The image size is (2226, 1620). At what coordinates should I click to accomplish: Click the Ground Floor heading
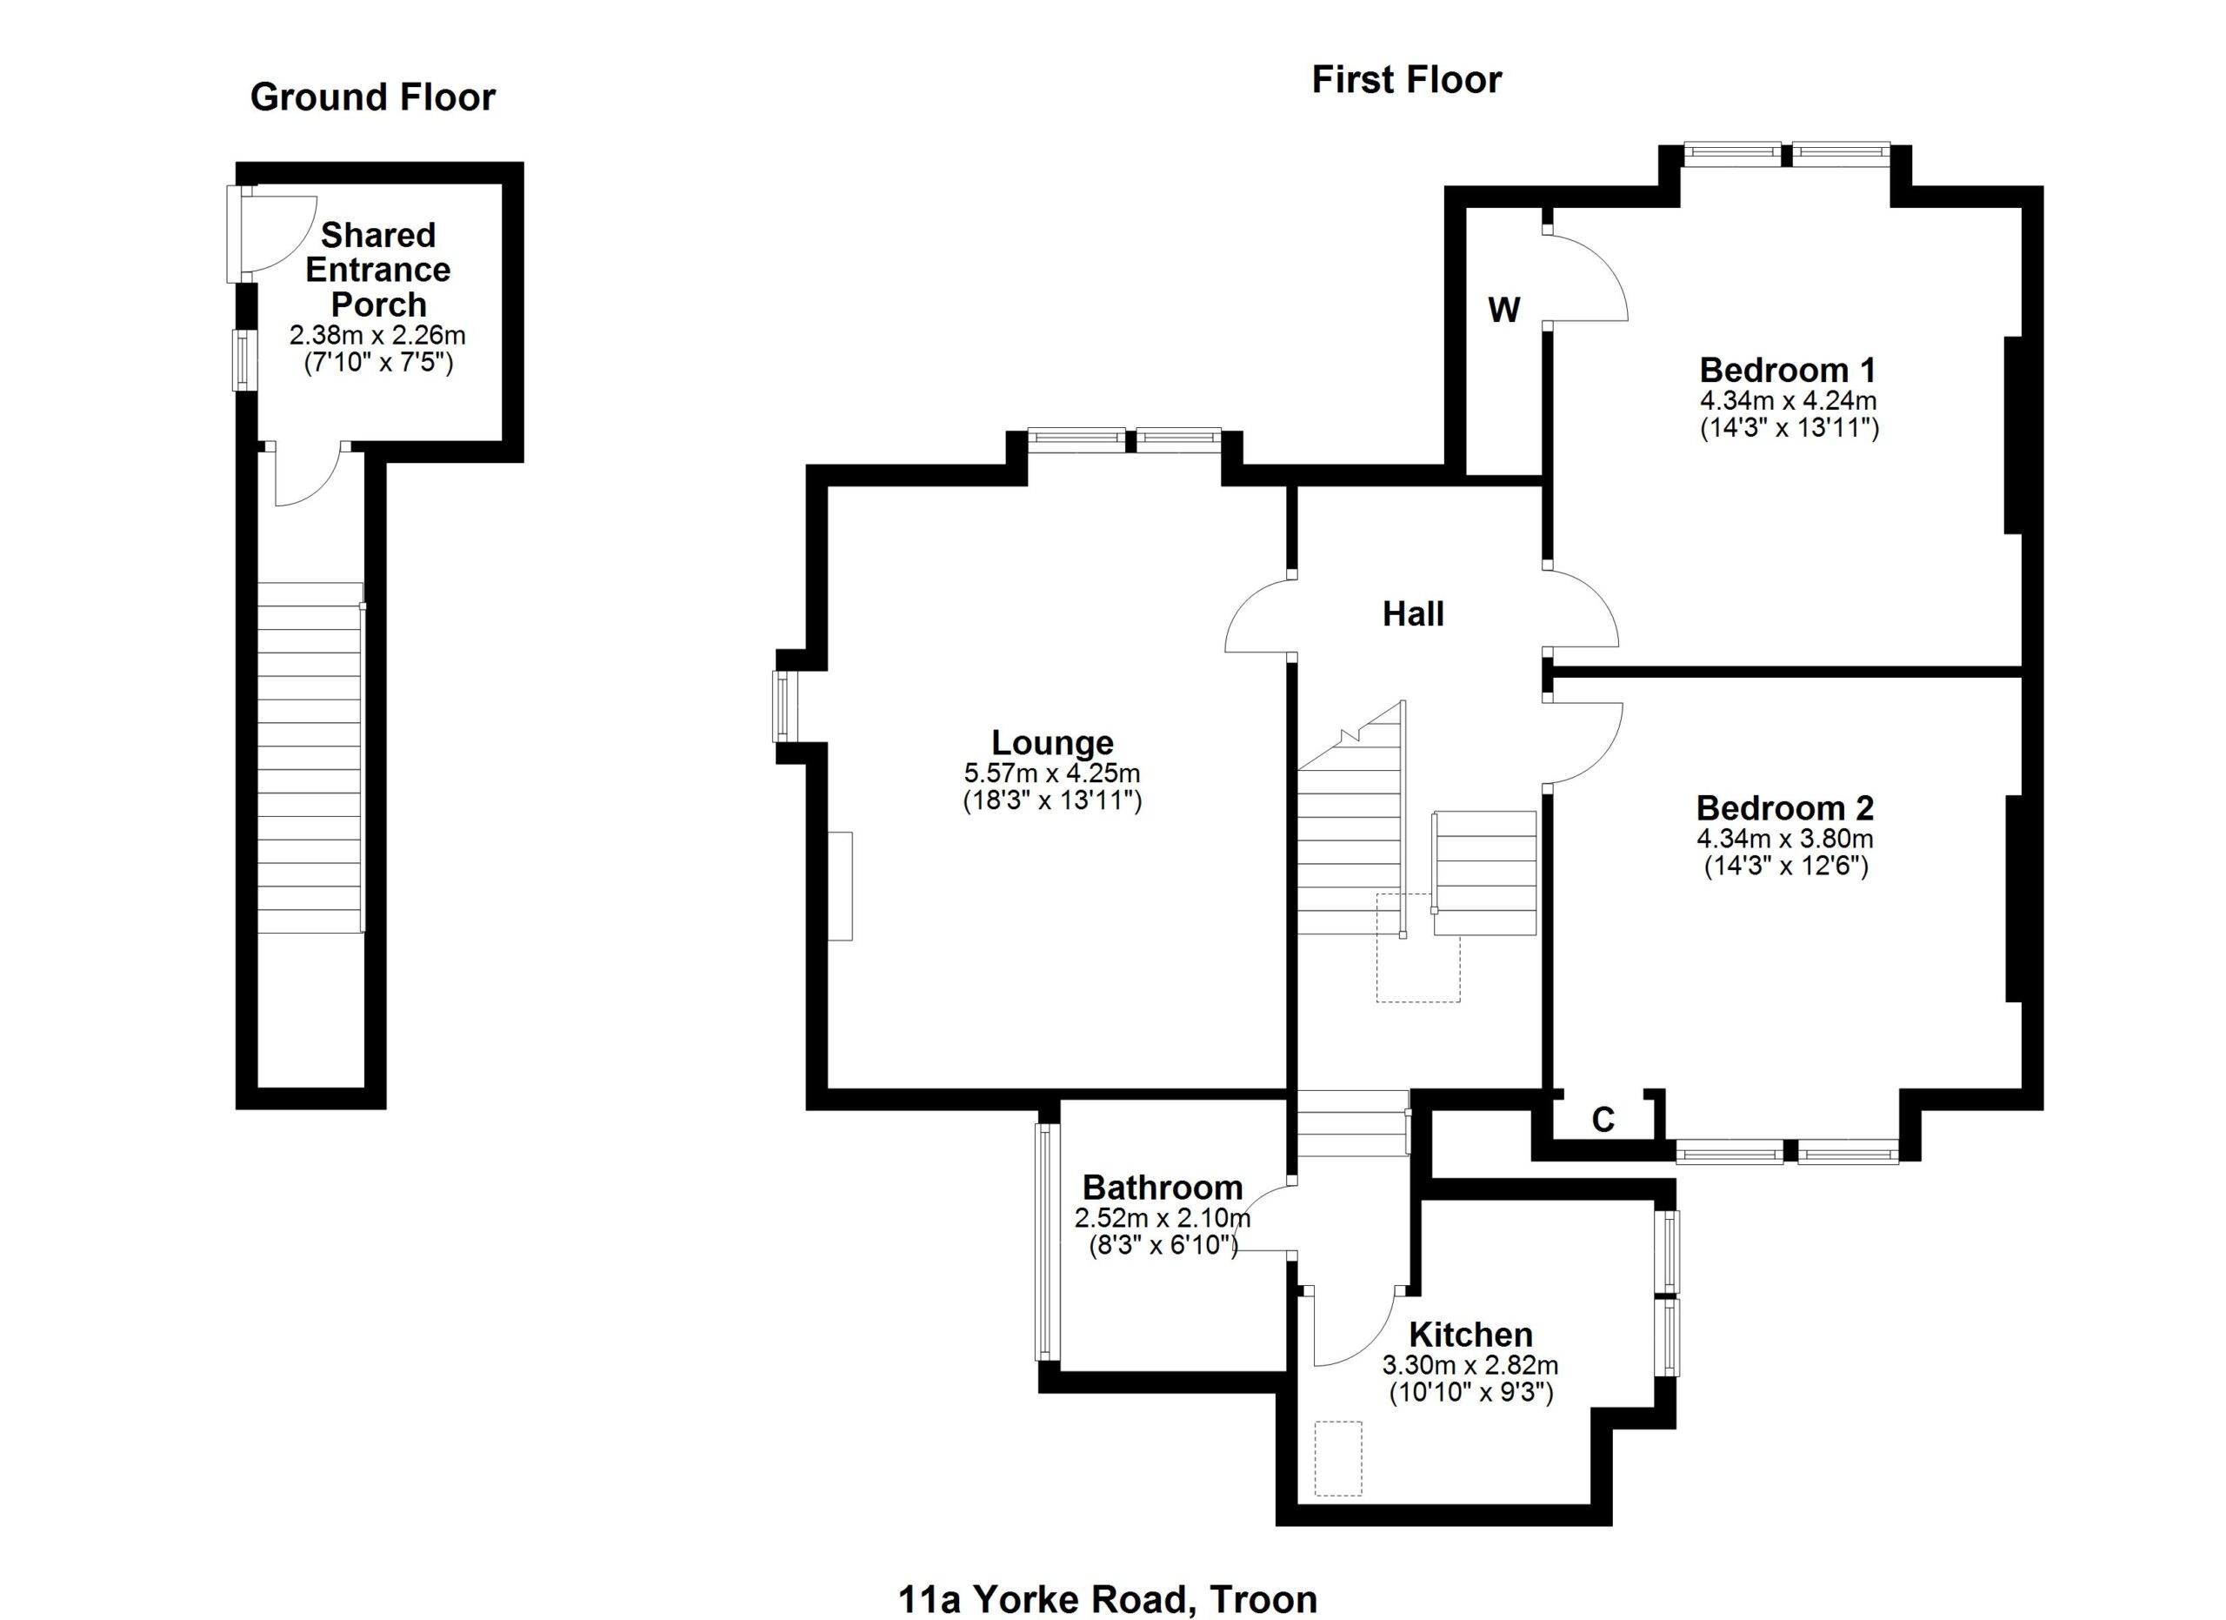coord(372,97)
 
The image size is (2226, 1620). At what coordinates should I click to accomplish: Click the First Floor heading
coord(1405,79)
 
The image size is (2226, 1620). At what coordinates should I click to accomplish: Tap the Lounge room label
coord(1052,742)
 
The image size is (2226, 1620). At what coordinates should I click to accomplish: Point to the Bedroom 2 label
coord(1784,808)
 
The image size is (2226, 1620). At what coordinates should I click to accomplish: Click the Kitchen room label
coord(1470,1335)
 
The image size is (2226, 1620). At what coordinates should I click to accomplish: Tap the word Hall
coord(1412,614)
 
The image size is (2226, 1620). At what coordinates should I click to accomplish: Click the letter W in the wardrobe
coord(1503,311)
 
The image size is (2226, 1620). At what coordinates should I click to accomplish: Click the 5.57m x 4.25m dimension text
coord(1052,773)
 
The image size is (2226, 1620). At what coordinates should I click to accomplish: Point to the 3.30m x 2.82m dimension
coord(1470,1365)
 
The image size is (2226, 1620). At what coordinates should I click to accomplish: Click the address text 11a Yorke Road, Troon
coord(1107,1598)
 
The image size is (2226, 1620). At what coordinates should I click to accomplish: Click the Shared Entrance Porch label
coord(378,269)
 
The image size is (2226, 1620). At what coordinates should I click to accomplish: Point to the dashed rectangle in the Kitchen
coord(1339,1459)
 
